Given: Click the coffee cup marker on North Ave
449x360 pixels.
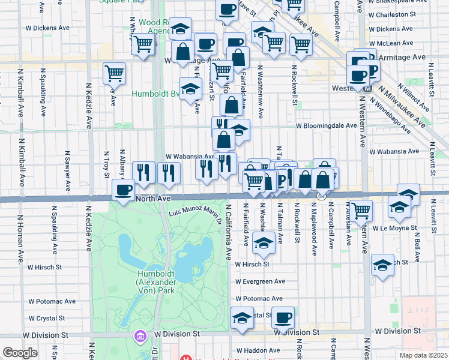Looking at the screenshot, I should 124,190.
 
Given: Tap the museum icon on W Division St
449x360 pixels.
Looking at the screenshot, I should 140,335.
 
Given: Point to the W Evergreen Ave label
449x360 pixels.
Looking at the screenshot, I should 259,281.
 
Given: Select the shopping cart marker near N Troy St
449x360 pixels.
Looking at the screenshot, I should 114,74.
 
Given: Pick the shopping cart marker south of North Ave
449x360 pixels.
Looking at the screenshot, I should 361,211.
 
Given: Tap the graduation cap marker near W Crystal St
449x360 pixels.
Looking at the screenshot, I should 242,317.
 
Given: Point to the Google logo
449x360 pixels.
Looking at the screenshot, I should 20,353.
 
